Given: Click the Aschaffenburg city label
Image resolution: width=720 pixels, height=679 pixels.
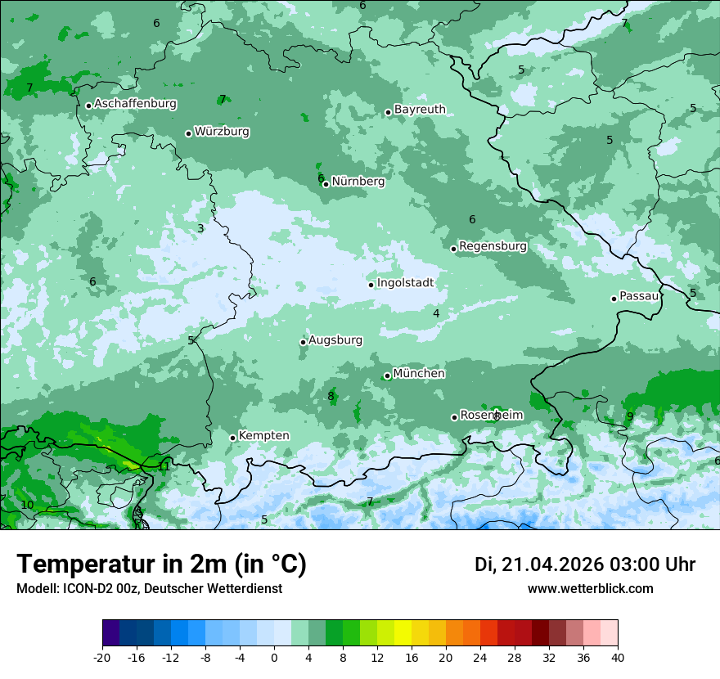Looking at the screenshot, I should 135,104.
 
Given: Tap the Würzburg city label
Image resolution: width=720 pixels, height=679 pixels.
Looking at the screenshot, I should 222,132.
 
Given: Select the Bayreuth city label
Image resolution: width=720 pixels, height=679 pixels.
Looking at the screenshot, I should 420,110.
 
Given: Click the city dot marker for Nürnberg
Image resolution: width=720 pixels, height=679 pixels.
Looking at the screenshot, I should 326,184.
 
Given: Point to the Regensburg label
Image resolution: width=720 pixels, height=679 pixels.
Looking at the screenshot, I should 493,246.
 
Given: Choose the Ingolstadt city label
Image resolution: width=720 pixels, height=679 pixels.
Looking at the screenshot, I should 405,283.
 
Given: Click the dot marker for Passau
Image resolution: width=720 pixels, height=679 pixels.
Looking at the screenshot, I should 614,299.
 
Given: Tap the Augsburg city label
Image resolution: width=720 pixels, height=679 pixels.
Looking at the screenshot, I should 335,340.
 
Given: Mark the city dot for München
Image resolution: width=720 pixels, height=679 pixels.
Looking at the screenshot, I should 387,376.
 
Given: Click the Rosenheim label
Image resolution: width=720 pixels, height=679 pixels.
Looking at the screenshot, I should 491,416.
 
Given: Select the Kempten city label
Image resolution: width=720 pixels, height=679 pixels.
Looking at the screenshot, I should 263,436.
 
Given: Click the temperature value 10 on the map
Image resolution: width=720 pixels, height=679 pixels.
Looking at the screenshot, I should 28,506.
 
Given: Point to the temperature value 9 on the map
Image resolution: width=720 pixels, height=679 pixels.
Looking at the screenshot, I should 629,416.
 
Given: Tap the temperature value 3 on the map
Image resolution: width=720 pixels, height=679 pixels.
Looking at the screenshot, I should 200,228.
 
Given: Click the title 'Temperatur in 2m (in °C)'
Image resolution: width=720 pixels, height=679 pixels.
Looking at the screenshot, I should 161,564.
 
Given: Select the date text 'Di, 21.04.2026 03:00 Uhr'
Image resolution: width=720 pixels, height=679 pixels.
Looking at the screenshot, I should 585,564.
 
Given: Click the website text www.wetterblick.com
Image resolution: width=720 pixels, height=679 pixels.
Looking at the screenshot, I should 590,589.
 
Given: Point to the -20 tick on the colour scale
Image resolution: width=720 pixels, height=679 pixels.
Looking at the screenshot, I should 102,657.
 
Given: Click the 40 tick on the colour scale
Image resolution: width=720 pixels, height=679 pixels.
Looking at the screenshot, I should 617,657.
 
